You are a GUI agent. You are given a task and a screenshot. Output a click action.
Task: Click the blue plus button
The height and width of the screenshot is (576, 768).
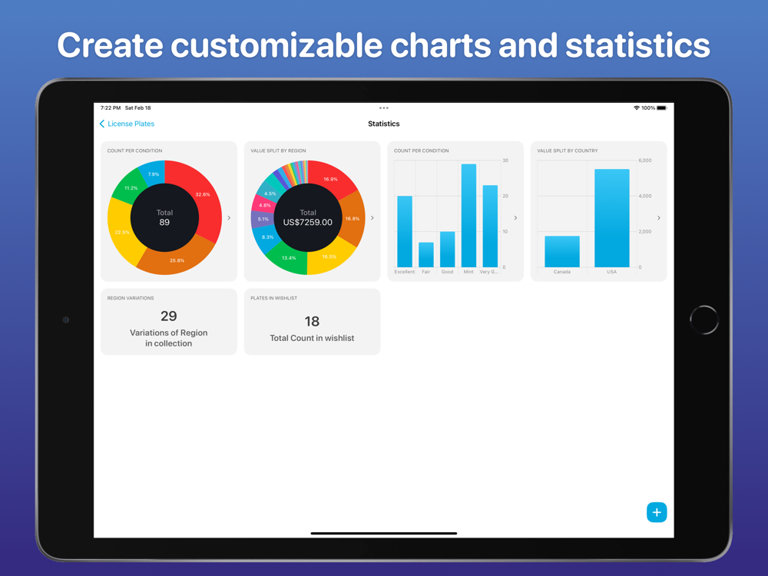(657, 512)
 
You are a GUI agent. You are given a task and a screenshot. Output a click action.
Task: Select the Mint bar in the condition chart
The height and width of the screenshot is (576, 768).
(468, 216)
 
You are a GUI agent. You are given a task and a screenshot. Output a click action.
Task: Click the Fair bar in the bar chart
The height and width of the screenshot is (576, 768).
(426, 255)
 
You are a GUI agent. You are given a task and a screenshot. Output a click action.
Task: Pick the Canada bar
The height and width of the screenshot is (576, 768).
(562, 251)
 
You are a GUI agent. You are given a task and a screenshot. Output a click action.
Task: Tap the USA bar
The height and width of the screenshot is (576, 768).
(612, 218)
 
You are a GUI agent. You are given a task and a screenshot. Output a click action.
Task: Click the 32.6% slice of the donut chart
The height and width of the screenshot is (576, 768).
(202, 194)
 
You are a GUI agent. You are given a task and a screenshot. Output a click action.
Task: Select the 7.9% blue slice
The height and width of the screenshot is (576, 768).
(154, 174)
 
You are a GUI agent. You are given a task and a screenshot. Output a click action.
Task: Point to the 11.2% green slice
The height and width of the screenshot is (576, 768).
(131, 188)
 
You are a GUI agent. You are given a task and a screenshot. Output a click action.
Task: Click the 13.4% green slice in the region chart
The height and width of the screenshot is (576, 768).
(289, 257)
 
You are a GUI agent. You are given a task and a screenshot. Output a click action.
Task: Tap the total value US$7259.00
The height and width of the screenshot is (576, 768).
(308, 223)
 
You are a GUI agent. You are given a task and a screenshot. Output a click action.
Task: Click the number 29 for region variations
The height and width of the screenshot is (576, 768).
(169, 316)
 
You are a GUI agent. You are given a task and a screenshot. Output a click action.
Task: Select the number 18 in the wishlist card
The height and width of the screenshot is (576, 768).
(312, 321)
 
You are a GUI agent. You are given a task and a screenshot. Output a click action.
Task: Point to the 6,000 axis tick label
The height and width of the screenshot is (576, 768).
(645, 161)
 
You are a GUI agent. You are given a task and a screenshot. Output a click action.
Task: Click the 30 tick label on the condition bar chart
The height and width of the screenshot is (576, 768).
(505, 161)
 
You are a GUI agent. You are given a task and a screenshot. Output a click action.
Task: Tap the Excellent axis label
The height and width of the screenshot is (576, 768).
(405, 272)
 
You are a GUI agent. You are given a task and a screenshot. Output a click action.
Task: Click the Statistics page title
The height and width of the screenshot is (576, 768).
(384, 124)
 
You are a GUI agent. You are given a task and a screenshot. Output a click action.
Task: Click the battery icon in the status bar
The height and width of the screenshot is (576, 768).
(661, 108)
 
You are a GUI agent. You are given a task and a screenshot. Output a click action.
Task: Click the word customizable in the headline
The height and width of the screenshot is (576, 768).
(278, 45)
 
